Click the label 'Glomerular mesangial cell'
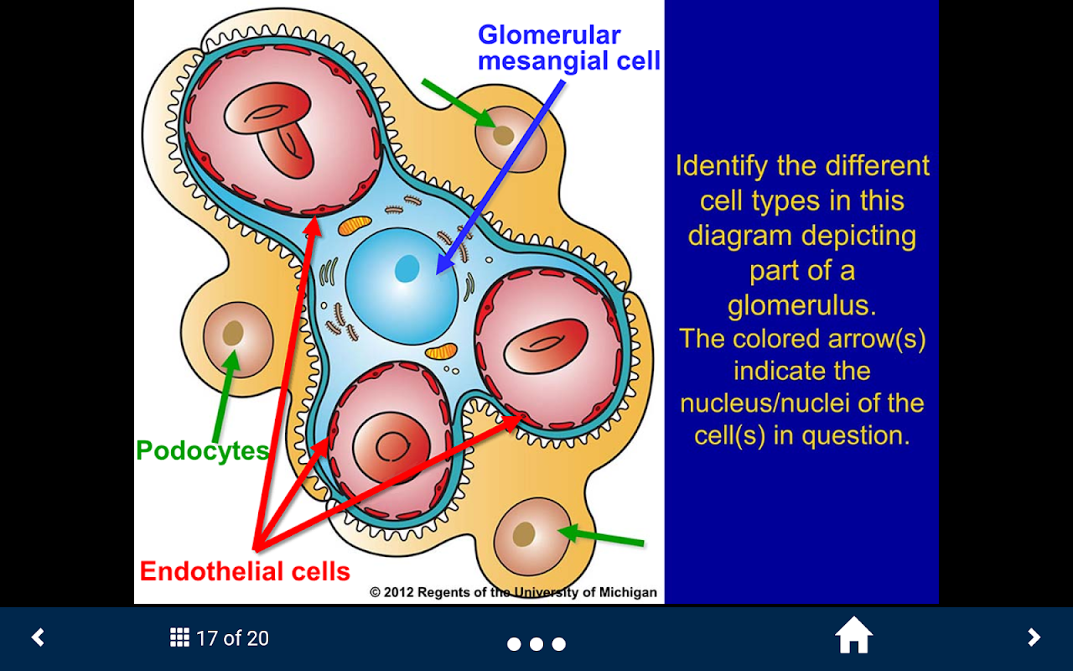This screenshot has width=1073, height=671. point(568,48)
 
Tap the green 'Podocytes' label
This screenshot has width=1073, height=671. point(202,450)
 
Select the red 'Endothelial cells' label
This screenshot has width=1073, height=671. point(245,571)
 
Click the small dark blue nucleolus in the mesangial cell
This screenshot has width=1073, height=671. point(407,268)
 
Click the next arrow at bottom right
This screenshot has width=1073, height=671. point(1034,637)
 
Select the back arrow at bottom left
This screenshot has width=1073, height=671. point(38,637)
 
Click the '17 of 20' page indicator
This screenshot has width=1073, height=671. point(232,638)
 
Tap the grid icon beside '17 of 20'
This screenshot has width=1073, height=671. point(179,637)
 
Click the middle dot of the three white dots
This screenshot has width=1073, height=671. point(536,644)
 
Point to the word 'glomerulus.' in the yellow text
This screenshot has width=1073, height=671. point(801,304)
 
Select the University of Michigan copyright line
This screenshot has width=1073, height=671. point(513,592)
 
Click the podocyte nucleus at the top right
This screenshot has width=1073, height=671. point(503,135)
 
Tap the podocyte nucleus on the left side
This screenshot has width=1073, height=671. point(233,334)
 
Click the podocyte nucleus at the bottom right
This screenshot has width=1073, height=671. point(524,533)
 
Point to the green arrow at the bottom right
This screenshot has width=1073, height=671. point(602,537)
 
